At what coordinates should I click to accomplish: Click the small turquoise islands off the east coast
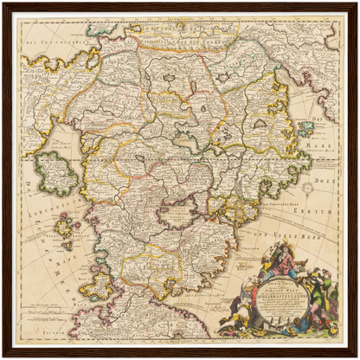point(305,129)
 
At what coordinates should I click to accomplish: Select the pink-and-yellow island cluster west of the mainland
point(65,226)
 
